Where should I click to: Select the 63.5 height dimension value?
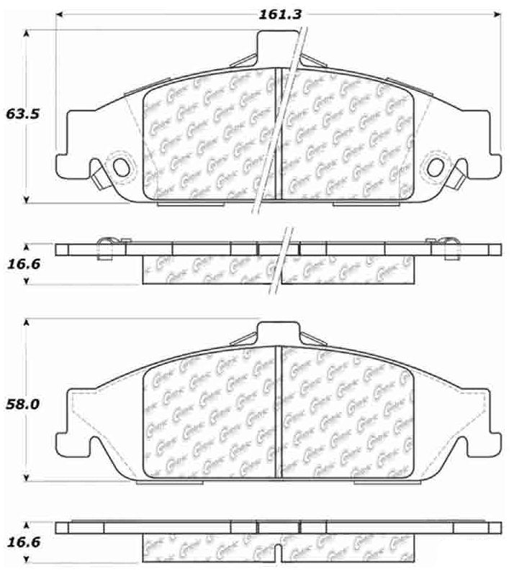pos(22,114)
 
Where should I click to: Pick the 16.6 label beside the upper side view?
pos(22,265)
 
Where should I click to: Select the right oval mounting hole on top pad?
pos(436,167)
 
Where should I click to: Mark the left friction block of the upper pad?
pos(209,137)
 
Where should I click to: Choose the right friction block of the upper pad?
pos(346,137)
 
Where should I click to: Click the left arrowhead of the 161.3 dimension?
pos(60,14)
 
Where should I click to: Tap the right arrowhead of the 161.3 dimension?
pos(497,14)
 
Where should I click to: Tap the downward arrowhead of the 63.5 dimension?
pos(27,201)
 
